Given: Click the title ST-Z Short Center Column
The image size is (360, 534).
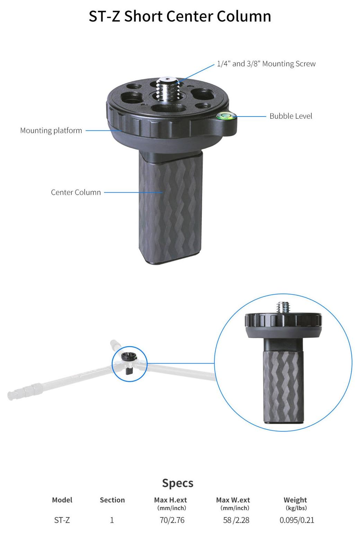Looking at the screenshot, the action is [x=180, y=17].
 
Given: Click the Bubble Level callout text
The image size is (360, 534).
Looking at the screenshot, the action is [x=291, y=116].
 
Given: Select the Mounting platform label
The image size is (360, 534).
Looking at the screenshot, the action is [x=51, y=131].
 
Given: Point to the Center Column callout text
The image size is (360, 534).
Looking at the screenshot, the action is [x=76, y=192].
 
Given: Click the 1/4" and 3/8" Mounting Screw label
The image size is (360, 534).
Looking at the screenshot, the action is [x=266, y=64].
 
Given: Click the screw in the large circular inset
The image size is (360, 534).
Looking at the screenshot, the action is [x=283, y=307].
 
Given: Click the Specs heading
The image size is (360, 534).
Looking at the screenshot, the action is [x=178, y=483].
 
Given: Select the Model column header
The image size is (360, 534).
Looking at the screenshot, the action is [x=62, y=500].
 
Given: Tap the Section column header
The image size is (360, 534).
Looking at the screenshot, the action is [x=112, y=500].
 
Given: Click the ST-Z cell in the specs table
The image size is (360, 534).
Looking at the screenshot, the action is [x=62, y=520].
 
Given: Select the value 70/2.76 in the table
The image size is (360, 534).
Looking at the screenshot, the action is [x=172, y=520].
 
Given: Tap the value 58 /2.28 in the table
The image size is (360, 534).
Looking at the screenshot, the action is [x=236, y=520].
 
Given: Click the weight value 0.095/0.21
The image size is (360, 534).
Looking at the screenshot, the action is [x=297, y=520].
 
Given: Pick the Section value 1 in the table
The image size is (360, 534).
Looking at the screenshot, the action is [x=112, y=520].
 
